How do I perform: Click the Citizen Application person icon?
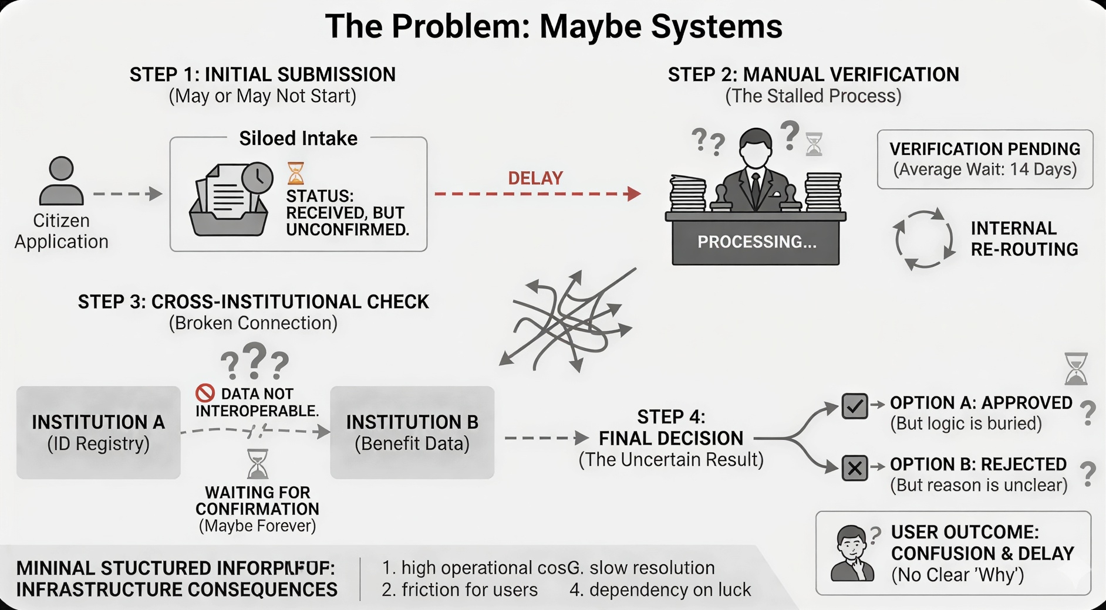61,181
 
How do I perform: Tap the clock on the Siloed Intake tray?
257,178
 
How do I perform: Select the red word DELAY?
535,178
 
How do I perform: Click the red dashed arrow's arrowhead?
634,194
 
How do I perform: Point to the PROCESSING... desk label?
756,242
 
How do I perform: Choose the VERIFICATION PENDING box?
984,159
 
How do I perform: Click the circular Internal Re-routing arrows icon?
923,239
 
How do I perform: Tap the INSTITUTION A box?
98,432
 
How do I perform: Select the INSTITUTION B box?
412,432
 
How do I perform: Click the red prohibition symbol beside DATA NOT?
205,392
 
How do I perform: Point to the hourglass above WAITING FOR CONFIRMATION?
257,463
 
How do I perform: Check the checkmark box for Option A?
854,406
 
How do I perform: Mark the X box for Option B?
854,468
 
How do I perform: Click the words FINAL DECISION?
670,438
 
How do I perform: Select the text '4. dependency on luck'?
660,589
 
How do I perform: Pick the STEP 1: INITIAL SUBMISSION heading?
262,74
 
